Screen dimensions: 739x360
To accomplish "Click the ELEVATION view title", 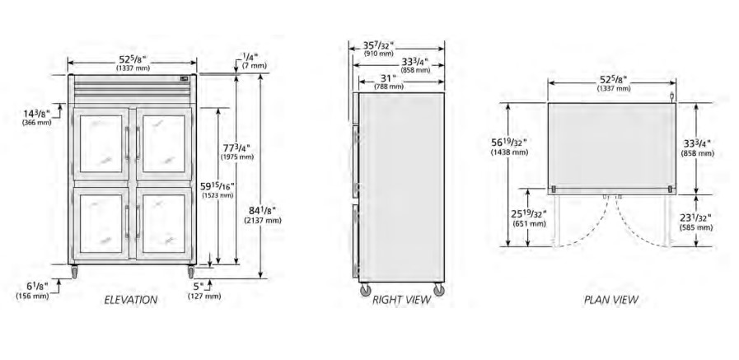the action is pyautogui.click(x=130, y=300).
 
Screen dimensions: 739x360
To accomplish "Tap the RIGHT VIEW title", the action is pyautogui.click(x=401, y=300).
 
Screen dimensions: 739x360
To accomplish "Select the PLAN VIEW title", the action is pyautogui.click(x=610, y=300).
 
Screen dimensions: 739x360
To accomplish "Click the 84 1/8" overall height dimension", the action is pyautogui.click(x=263, y=214).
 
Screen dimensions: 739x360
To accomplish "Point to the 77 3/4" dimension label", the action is pyautogui.click(x=238, y=152).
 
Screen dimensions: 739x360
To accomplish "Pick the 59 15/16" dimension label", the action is pyautogui.click(x=217, y=189).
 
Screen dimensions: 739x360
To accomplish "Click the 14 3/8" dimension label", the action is pyautogui.click(x=36, y=117).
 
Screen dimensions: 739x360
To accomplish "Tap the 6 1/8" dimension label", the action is pyautogui.click(x=32, y=290).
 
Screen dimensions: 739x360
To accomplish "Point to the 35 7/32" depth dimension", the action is pyautogui.click(x=378, y=49).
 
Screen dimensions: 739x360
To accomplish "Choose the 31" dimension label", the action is pyautogui.click(x=389, y=82).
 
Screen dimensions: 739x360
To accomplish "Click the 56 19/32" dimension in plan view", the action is pyautogui.click(x=509, y=147).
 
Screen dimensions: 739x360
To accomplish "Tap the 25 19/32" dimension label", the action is pyautogui.click(x=529, y=218).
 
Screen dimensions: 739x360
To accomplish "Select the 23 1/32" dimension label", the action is pyautogui.click(x=696, y=222).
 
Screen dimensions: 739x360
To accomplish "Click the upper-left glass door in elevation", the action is pyautogui.click(x=101, y=143).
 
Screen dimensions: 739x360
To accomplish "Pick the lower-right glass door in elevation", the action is pyautogui.click(x=164, y=224).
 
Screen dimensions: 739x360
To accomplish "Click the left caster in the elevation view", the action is pyautogui.click(x=74, y=272).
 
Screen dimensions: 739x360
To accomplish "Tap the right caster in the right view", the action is pyautogui.click(x=439, y=289).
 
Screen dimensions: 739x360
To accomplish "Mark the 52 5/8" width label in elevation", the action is pyautogui.click(x=133, y=63).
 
